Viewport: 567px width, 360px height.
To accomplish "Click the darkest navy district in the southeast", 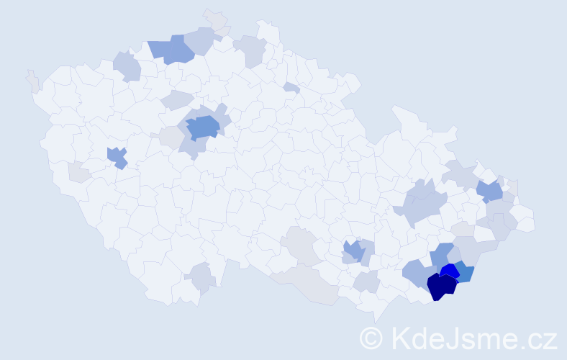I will tap(442, 287).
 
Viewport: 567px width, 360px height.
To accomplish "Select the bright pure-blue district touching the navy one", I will tap(450, 271).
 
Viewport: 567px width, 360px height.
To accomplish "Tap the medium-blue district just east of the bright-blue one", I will tap(465, 274).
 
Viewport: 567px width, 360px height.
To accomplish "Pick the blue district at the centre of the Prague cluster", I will tap(203, 127).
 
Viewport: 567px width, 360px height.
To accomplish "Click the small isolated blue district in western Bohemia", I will tap(117, 157).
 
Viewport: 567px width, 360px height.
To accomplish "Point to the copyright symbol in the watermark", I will tap(371, 338).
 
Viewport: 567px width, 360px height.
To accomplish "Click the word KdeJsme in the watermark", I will tap(446, 338).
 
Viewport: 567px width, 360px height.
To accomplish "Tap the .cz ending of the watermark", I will tap(535, 338).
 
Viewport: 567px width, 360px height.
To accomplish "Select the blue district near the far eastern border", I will tap(490, 191).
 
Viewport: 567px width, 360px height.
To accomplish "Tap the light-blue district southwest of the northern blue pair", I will tap(127, 66).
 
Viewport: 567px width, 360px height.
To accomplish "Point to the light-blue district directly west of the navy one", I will tap(415, 274).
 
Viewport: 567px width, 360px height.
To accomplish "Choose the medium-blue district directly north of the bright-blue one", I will tap(443, 254).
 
